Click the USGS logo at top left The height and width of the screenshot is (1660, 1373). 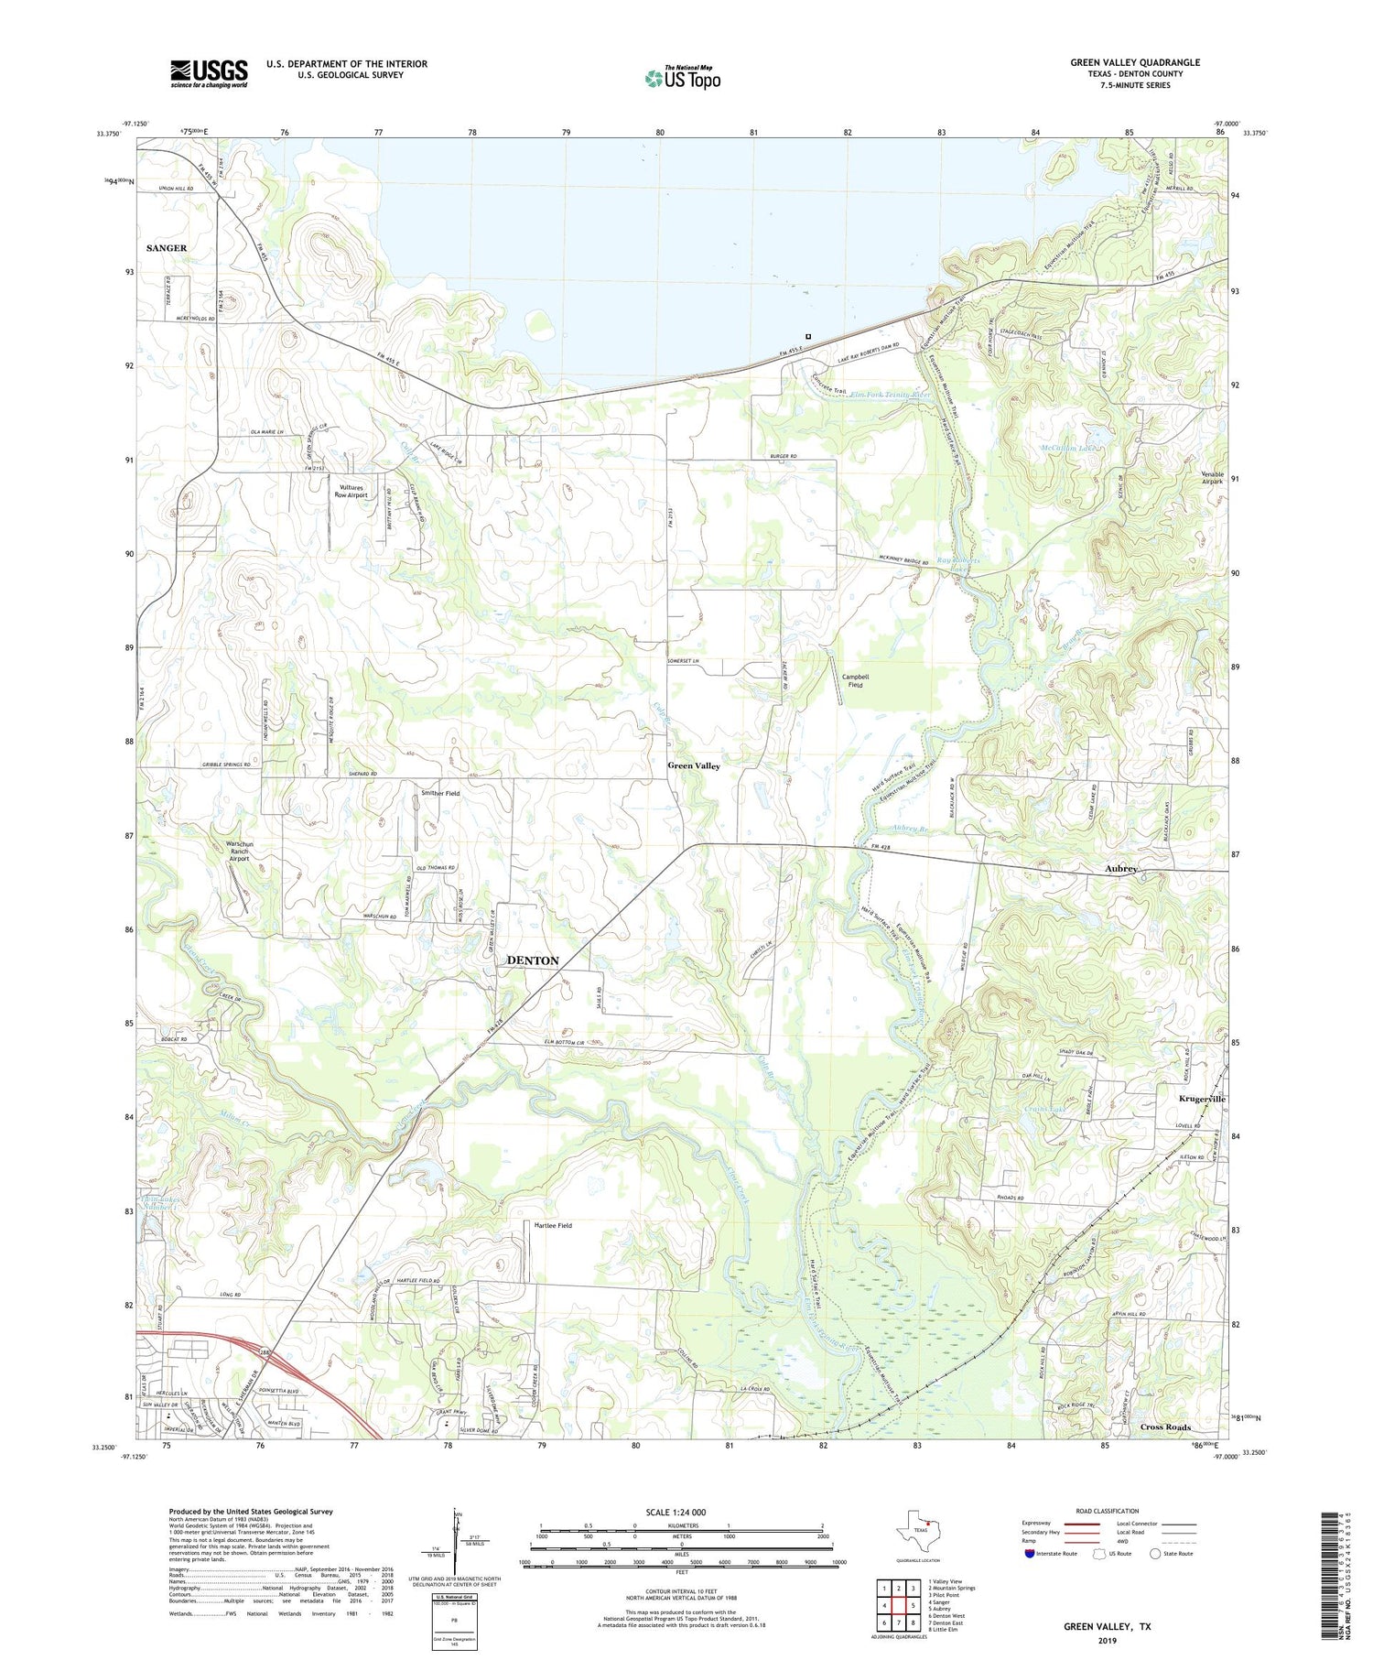(x=209, y=73)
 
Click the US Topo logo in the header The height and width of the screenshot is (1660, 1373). (x=682, y=78)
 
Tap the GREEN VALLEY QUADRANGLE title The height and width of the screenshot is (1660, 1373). (x=1135, y=62)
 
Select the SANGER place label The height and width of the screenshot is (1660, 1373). (x=167, y=248)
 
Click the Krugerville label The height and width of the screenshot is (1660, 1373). (x=1202, y=1098)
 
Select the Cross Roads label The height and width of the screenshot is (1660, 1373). (x=1165, y=1427)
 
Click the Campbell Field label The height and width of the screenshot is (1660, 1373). (x=855, y=680)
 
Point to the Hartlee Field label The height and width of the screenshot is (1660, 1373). (x=553, y=1225)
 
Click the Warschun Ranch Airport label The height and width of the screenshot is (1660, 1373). (x=238, y=851)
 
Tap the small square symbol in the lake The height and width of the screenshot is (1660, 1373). (x=807, y=336)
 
